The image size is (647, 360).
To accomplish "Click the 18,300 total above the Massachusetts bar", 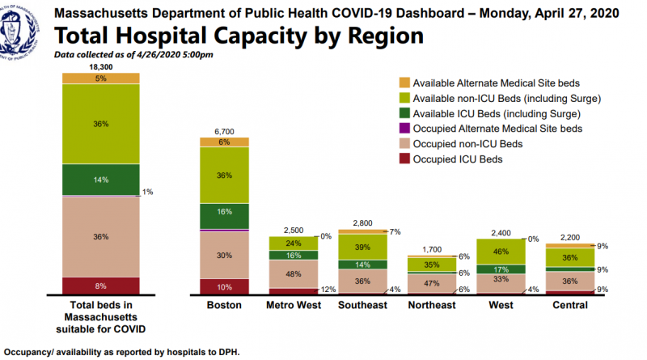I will tap(101, 66).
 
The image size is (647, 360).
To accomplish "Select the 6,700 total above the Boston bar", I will tap(225, 130).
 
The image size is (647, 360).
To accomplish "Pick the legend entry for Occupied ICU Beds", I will tap(458, 159).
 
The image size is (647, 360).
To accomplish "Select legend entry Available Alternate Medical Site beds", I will tap(507, 83).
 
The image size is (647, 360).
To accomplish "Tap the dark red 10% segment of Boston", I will tap(225, 287).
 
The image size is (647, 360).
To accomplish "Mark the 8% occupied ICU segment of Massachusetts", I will tap(101, 286).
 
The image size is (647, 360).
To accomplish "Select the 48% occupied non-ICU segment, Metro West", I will tap(294, 273).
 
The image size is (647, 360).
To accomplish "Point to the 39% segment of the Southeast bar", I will tap(362, 247).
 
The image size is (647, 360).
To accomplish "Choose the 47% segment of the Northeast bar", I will tap(431, 283).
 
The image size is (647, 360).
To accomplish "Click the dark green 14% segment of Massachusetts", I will tap(101, 180).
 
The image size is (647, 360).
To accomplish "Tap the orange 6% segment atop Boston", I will tap(225, 142).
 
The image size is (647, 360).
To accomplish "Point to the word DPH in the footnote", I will tap(228, 352).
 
